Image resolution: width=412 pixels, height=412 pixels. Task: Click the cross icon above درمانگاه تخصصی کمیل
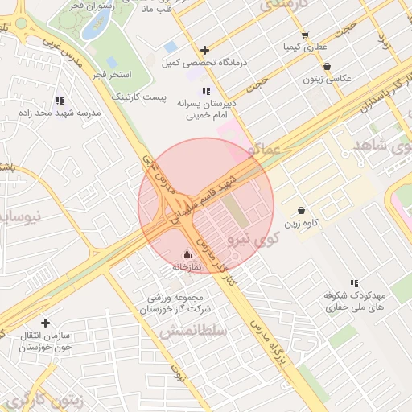pos(205,50)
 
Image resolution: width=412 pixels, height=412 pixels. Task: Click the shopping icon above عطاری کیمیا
pos(304,35)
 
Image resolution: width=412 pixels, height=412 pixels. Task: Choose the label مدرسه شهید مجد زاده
pos(60,113)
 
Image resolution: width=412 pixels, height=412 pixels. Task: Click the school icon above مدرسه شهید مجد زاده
pos(60,101)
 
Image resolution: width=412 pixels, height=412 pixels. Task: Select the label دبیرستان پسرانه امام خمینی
pos(208,109)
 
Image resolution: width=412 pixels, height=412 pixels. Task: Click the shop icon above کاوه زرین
pos(301,209)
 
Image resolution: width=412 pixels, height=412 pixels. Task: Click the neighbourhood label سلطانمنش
pos(193,331)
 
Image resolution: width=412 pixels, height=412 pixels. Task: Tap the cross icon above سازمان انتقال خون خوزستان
pos(45,322)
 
